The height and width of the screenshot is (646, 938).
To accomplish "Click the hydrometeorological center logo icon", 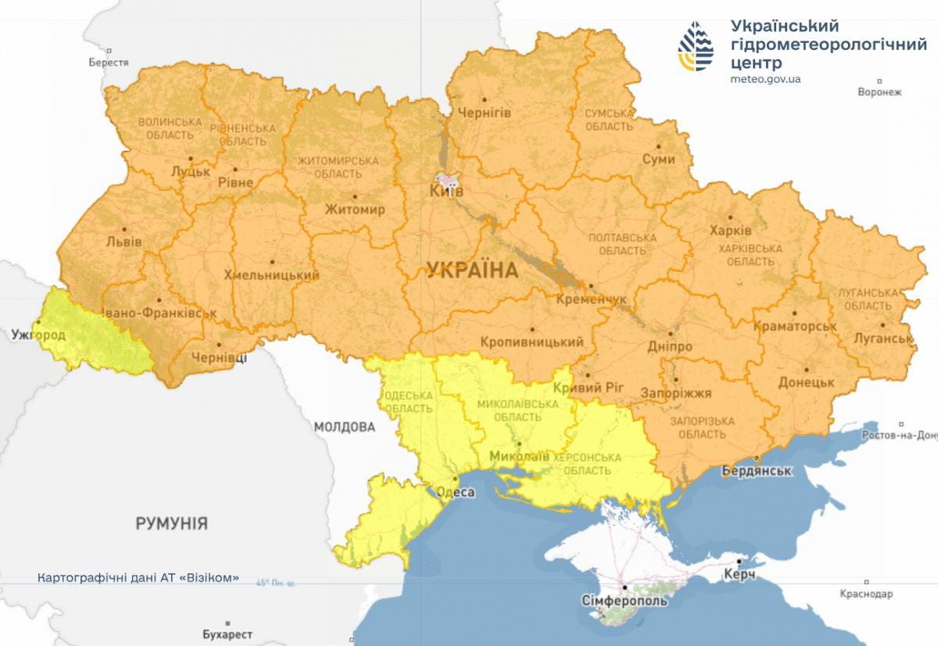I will point(696,46).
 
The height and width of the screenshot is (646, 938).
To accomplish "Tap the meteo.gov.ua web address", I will point(765,79).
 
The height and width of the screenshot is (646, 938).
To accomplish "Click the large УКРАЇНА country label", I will point(473,271).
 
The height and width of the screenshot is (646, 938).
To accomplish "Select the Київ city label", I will point(447,191).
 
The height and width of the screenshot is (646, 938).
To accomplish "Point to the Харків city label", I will point(730,231).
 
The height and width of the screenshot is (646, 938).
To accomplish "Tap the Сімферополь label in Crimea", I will point(625,601).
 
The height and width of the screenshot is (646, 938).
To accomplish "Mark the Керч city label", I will point(744,575).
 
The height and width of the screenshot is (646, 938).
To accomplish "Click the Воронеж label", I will point(879,92).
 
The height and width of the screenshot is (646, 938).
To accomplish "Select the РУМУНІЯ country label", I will point(171,523).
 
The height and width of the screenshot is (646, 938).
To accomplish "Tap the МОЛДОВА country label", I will point(345,427).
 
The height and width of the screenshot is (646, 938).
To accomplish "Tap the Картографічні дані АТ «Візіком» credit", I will point(138,579).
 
